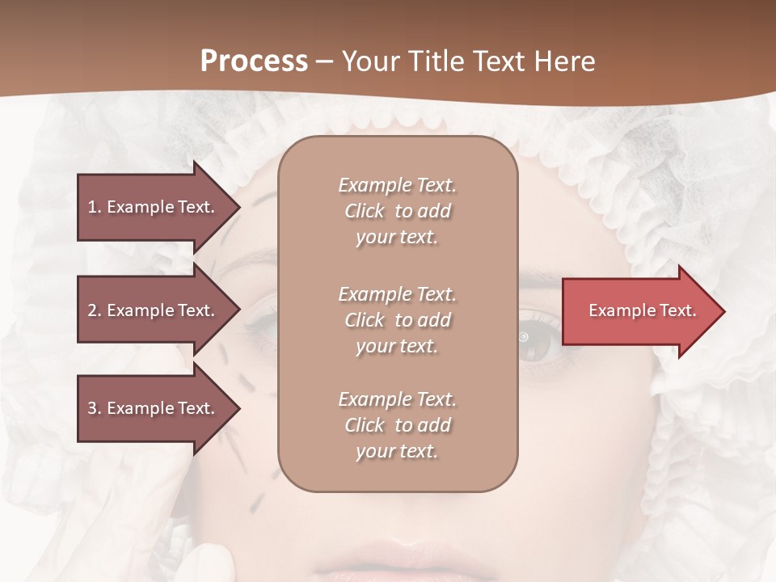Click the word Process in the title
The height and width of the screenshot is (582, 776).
tap(254, 61)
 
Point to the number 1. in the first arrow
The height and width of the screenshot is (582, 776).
tap(95, 207)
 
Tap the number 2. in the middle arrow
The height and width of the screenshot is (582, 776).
tap(95, 310)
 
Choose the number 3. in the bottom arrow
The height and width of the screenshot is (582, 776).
tap(95, 408)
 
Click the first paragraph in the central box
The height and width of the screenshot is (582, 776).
tap(397, 211)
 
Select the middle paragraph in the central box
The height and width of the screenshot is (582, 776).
tap(397, 320)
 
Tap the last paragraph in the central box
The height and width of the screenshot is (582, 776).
tap(397, 425)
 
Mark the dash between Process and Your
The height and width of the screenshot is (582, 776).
tap(325, 62)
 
